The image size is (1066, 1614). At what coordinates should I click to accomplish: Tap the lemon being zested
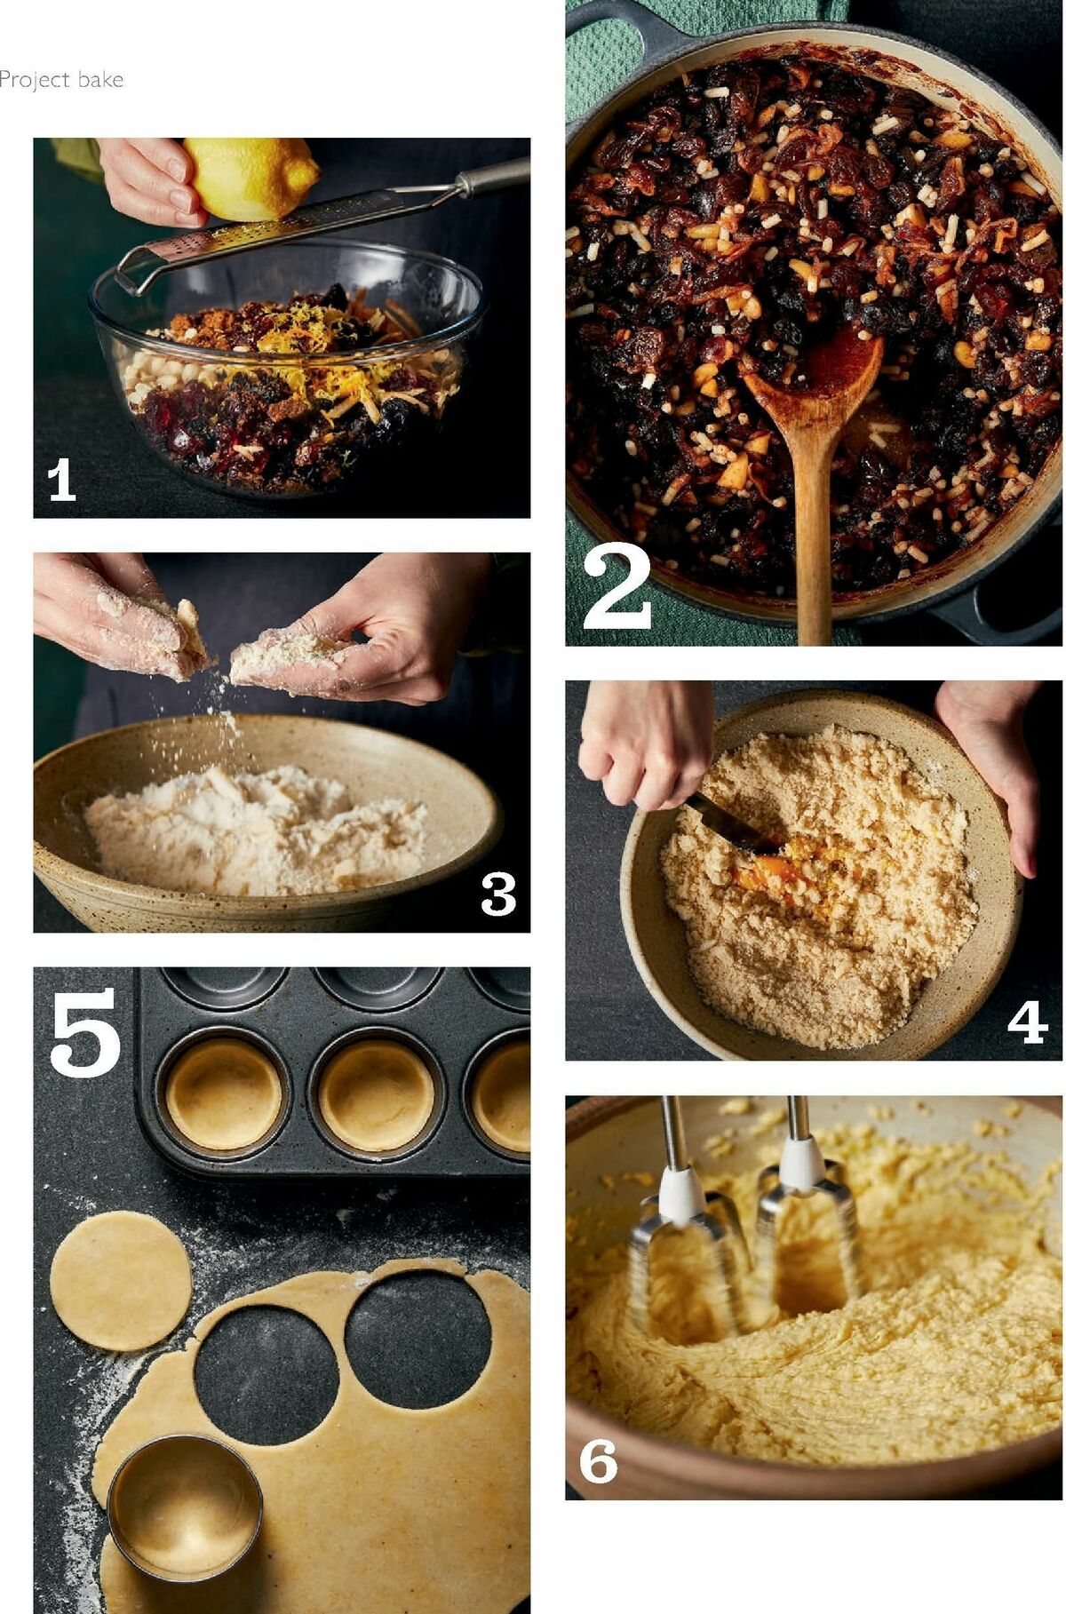point(253,178)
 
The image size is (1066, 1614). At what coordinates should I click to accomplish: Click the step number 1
point(60,481)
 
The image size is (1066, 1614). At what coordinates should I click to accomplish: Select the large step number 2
point(617,589)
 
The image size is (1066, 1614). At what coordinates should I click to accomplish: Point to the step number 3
point(497,894)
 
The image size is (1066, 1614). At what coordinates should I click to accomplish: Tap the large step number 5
point(84,1033)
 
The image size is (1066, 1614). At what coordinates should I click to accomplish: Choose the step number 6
point(598,1461)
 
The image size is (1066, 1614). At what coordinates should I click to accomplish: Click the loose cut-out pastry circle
point(120,1280)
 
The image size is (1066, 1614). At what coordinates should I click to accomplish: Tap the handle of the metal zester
point(493,178)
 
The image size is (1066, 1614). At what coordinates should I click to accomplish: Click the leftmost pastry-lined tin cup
point(224,1094)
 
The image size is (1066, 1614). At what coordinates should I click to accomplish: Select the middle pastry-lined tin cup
point(377,1094)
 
